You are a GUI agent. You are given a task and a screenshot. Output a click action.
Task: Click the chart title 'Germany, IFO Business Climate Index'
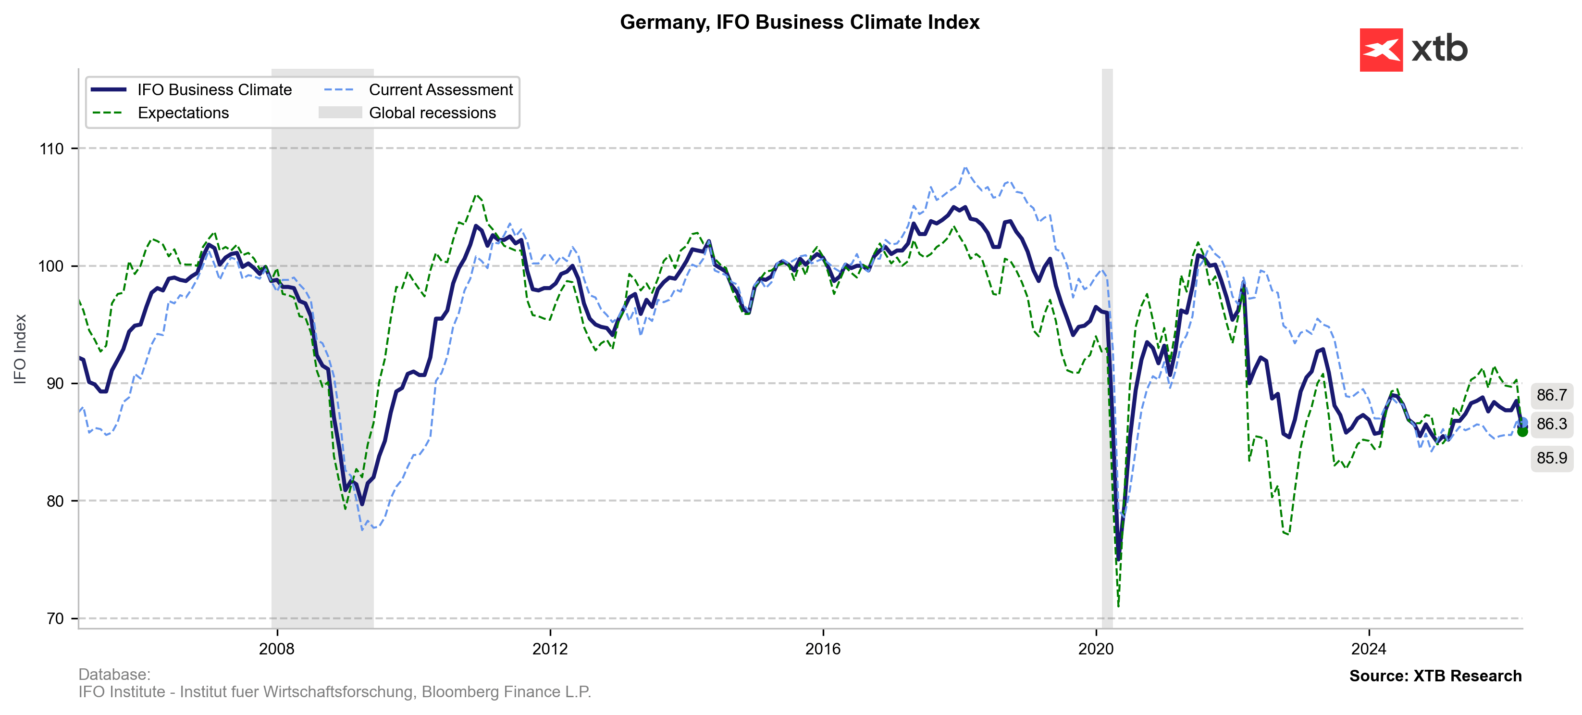click(x=799, y=22)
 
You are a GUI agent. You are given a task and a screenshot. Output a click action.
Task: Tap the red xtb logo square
click(x=1381, y=50)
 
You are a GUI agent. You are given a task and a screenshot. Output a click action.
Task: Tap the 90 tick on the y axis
click(x=55, y=383)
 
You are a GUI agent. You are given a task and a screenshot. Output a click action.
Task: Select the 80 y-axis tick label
click(x=55, y=501)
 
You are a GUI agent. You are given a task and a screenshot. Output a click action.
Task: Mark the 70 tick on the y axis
click(x=55, y=618)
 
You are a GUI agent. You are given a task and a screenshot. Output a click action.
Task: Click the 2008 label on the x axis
click(x=277, y=649)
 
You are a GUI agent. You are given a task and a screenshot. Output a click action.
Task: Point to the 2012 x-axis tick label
click(x=550, y=649)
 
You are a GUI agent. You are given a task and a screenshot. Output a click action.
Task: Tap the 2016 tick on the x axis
click(x=823, y=649)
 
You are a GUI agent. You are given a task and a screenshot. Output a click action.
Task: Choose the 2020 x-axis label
click(x=1096, y=649)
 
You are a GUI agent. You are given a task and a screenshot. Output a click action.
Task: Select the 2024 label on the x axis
click(x=1368, y=649)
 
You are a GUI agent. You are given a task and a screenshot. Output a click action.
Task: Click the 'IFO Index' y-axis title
click(x=20, y=349)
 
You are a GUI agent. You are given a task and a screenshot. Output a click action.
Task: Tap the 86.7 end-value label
click(x=1551, y=395)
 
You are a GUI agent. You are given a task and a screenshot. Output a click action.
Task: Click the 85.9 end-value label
click(x=1551, y=458)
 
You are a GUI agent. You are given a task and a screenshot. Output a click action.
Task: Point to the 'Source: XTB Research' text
click(x=1435, y=676)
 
